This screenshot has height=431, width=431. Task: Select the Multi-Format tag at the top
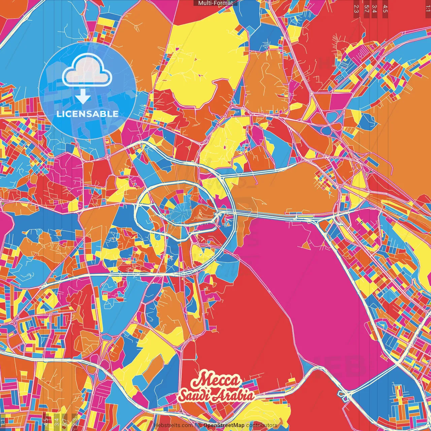tap(215, 3)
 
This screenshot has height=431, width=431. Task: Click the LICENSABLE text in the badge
tap(88, 114)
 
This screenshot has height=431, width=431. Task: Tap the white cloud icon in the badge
tap(87, 71)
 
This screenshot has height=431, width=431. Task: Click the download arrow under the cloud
tap(82, 97)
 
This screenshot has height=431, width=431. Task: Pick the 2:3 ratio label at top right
tap(356, 8)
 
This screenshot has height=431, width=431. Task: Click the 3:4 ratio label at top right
tap(374, 8)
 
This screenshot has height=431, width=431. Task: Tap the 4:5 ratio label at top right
tap(385, 8)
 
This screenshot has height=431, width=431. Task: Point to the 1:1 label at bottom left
tap(3, 422)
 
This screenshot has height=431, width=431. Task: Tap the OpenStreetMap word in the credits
tap(224, 425)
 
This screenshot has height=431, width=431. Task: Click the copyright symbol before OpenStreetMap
tap(200, 425)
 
